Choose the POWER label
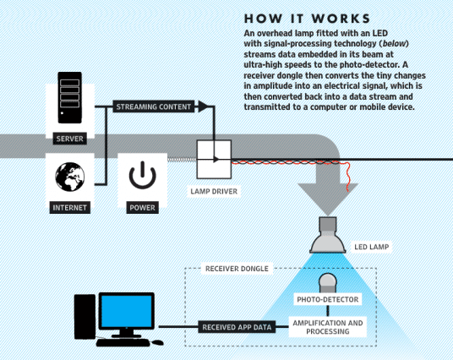(142, 207)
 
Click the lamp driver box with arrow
(214, 158)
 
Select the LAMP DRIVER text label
(213, 192)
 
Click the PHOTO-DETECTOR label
(327, 299)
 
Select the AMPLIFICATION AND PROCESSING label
(327, 327)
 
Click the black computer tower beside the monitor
(85, 319)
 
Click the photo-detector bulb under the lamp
(327, 281)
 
